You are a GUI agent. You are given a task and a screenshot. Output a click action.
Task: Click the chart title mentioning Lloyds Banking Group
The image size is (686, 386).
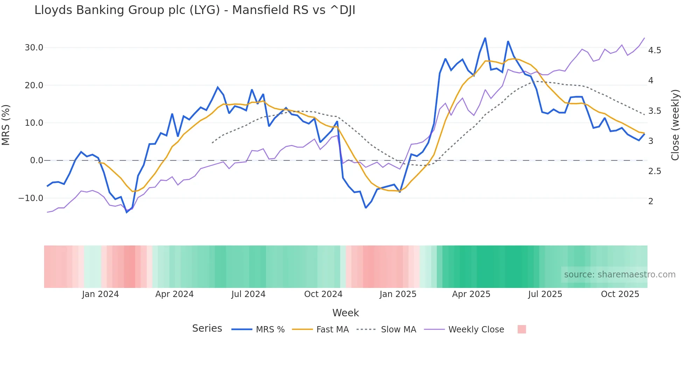pyautogui.click(x=195, y=10)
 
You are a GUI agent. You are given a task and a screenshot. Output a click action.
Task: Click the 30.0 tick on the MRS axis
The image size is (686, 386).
pyautogui.click(x=34, y=48)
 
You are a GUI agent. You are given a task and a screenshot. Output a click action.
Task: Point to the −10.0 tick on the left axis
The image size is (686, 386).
pyautogui.click(x=31, y=198)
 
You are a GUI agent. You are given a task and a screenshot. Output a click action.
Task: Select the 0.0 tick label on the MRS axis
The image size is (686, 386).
pyautogui.click(x=36, y=160)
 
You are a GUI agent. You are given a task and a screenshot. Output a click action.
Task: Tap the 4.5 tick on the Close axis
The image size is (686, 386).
pyautogui.click(x=654, y=50)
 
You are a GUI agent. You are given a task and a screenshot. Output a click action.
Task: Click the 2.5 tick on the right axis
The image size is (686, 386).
pyautogui.click(x=654, y=171)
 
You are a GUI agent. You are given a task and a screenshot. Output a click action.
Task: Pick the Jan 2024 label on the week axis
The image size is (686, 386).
pyautogui.click(x=100, y=294)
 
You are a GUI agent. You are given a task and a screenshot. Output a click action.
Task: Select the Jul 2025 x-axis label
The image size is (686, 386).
pyautogui.click(x=545, y=294)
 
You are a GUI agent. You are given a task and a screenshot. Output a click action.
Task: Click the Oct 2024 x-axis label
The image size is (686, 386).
pyautogui.click(x=323, y=294)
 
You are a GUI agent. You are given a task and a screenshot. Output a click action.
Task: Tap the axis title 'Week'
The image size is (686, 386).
pyautogui.click(x=345, y=313)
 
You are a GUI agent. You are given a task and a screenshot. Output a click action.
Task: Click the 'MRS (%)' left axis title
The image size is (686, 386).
pyautogui.click(x=6, y=125)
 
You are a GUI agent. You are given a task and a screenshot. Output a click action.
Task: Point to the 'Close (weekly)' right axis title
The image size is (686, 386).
pyautogui.click(x=675, y=125)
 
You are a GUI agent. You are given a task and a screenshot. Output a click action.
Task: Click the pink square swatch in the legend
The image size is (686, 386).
pyautogui.click(x=521, y=329)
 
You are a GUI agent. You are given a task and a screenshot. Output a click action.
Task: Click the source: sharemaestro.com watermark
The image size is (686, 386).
pyautogui.click(x=619, y=275)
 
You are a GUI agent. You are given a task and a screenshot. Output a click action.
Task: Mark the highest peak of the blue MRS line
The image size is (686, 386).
pyautogui.click(x=485, y=38)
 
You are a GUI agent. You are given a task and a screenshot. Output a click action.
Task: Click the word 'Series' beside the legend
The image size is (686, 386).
pyautogui.click(x=207, y=329)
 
